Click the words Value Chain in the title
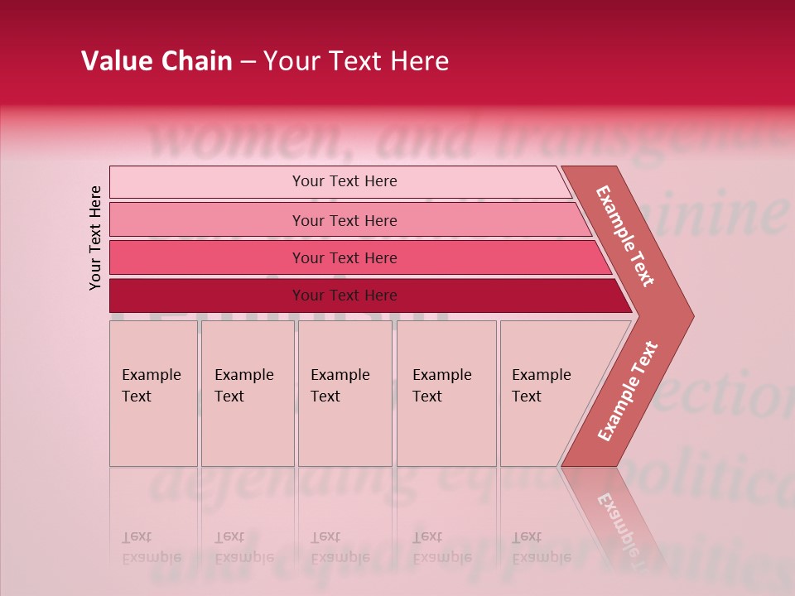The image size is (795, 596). pos(157,61)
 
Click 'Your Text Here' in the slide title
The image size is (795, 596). pos(356,61)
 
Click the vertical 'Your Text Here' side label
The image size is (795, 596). pos(95,238)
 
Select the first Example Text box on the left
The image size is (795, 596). pos(153,393)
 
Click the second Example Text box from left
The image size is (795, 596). pos(247,393)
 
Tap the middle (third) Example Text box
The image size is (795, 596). pos(344,393)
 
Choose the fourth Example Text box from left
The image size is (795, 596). pos(446,393)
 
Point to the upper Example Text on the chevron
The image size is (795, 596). pos(625,236)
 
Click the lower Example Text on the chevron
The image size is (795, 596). pos(628,392)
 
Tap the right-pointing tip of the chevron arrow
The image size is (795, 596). pos(687,315)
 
